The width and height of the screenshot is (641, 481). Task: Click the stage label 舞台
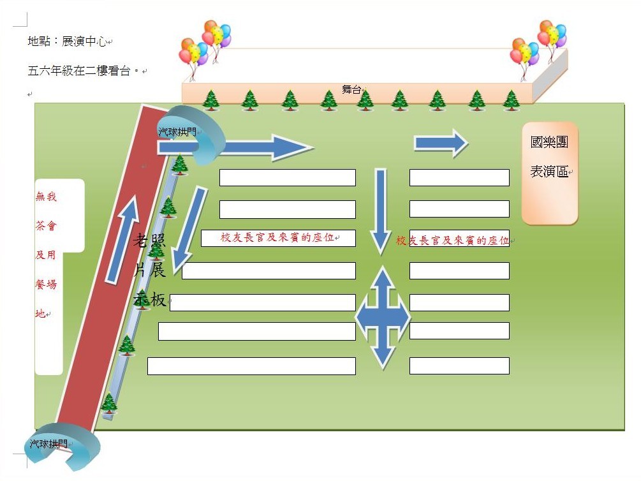(x=351, y=90)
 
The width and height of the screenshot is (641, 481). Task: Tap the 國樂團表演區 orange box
(x=549, y=173)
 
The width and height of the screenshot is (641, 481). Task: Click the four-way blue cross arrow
(x=382, y=317)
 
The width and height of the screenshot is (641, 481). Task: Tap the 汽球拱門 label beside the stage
(x=177, y=132)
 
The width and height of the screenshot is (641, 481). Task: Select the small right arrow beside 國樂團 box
(x=441, y=143)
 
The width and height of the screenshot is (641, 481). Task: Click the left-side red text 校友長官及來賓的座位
(x=279, y=238)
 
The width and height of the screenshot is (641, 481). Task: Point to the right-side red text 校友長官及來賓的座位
(x=452, y=241)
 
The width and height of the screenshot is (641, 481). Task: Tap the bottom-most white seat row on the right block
(x=459, y=366)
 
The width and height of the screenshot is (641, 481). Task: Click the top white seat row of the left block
(x=287, y=177)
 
